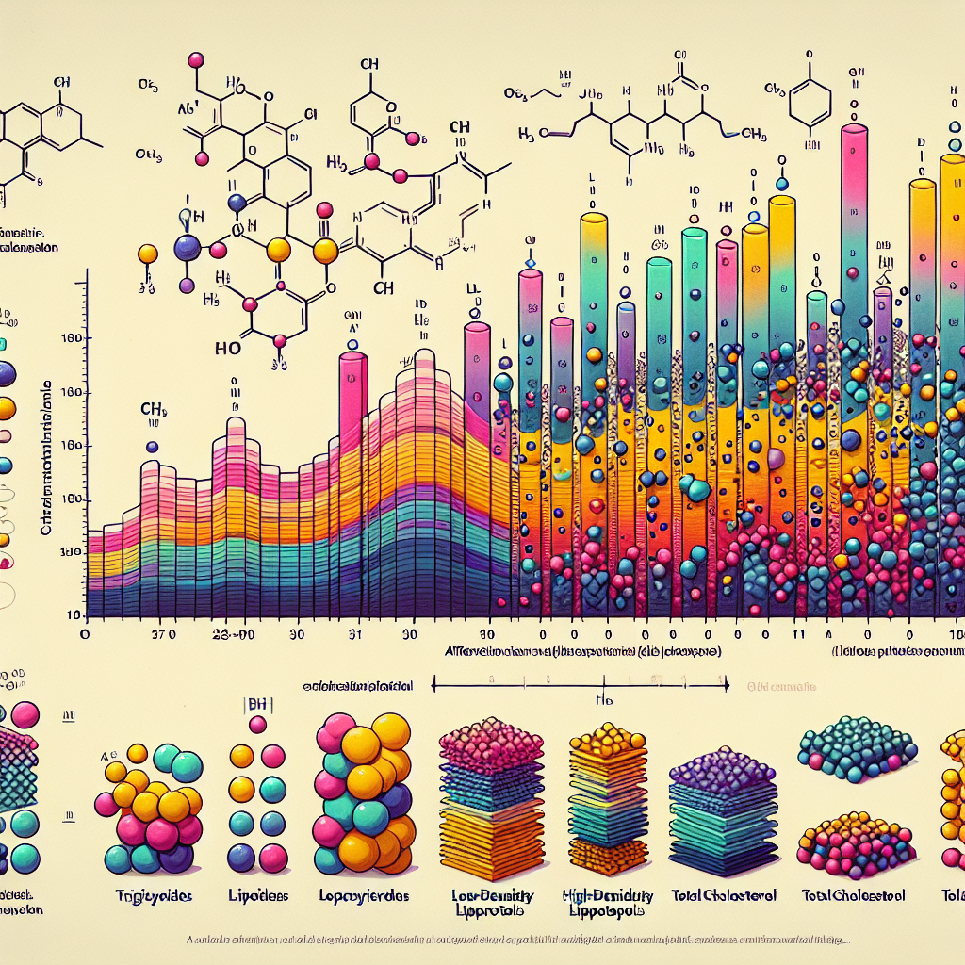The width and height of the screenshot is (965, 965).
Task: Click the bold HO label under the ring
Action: pos(228,347)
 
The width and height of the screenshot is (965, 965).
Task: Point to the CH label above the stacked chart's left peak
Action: pos(154,410)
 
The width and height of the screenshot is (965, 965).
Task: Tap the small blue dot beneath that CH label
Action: pos(153,447)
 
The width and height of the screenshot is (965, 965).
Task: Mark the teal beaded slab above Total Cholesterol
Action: pos(857,750)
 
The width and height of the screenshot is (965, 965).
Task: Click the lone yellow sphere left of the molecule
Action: pos(147,254)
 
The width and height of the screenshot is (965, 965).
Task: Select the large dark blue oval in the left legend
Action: pos(5,374)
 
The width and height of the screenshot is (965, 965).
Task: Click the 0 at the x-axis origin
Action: pos(85,635)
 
